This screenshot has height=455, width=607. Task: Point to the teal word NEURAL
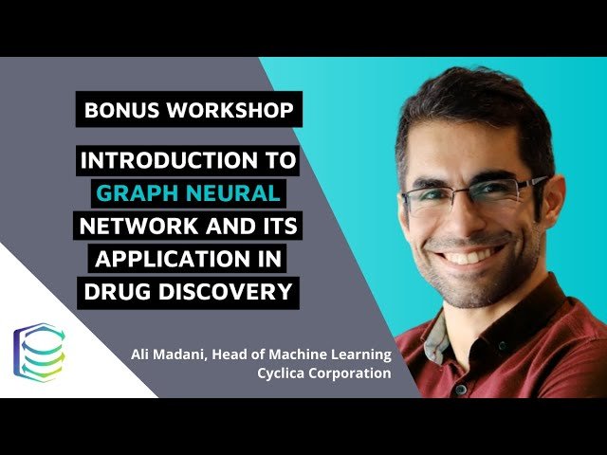tap(238, 193)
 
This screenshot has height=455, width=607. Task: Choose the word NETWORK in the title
tap(134, 227)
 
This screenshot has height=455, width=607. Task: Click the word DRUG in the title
tap(114, 291)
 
